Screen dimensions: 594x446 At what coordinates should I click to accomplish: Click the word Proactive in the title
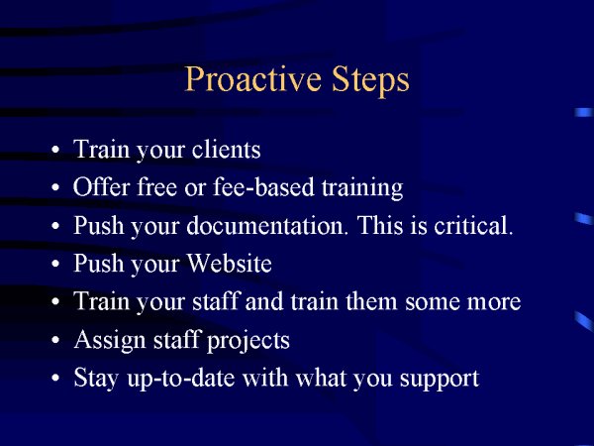click(252, 79)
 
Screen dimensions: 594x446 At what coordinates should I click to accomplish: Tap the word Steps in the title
click(370, 80)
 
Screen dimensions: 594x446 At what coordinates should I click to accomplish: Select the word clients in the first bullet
click(226, 149)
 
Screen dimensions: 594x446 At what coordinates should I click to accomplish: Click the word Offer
click(102, 186)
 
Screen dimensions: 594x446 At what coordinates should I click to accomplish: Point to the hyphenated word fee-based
click(263, 186)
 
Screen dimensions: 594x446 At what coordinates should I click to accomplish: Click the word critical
click(473, 225)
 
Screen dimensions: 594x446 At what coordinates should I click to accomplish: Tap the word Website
click(230, 263)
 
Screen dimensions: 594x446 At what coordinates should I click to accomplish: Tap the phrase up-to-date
click(181, 379)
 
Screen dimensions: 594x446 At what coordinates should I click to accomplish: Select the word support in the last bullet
click(440, 380)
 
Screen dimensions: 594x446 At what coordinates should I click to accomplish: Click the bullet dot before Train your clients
click(55, 149)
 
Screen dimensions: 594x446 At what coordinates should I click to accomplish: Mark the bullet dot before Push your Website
click(55, 264)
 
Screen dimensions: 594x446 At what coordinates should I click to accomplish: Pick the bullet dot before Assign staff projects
click(55, 340)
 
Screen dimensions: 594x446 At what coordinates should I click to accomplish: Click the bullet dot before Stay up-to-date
click(55, 379)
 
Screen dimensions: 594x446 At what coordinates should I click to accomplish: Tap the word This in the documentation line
click(381, 225)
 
